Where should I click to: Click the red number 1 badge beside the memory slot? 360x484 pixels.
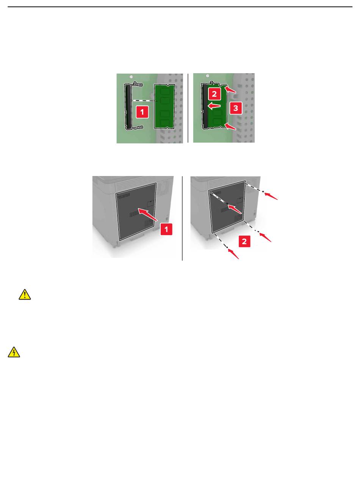click(142, 112)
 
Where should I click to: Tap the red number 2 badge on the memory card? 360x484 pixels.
click(214, 94)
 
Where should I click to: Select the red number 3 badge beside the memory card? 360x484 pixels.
click(236, 108)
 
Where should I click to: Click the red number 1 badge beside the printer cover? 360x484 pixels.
click(166, 229)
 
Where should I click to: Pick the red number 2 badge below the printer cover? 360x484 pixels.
click(244, 241)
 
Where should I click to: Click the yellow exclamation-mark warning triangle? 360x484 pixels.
click(25, 295)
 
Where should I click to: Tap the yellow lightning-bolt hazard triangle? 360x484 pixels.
click(14, 352)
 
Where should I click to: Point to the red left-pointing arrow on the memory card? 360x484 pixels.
click(214, 106)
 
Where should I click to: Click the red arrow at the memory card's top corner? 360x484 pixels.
click(230, 90)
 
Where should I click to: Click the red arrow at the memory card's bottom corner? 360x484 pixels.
click(230, 126)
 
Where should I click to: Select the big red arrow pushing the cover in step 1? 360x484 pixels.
click(148, 214)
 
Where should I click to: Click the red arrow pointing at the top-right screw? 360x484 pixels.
click(271, 196)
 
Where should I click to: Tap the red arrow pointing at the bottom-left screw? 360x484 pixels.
click(233, 254)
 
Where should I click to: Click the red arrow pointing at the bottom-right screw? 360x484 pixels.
click(266, 237)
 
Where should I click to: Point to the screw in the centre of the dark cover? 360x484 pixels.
click(227, 203)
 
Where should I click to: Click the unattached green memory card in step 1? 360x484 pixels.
click(164, 106)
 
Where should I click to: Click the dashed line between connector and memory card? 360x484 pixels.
click(145, 101)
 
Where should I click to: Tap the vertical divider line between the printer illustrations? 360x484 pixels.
click(182, 218)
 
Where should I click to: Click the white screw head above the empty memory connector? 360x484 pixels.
click(131, 77)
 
